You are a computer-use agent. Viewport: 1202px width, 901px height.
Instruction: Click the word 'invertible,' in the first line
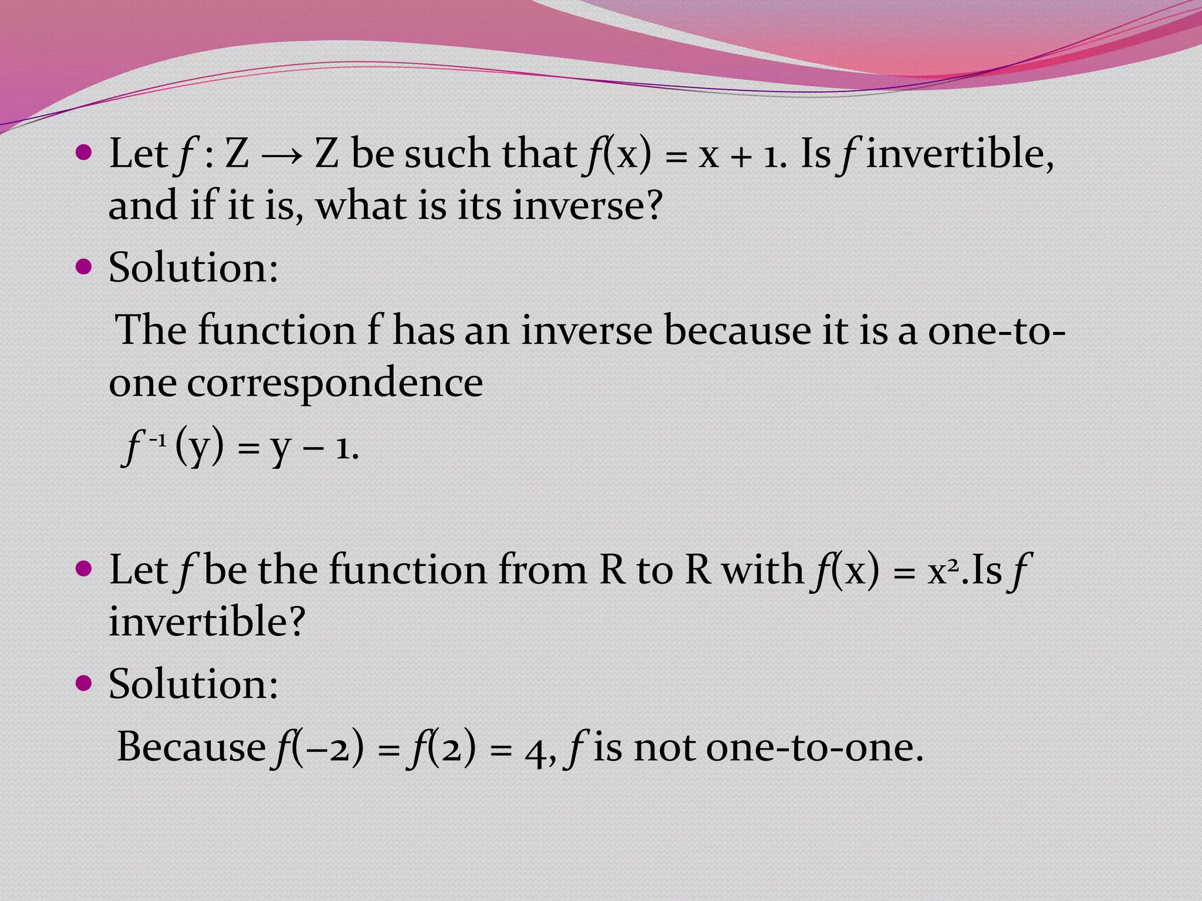pos(960,154)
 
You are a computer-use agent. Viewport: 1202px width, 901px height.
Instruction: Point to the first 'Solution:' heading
pos(193,267)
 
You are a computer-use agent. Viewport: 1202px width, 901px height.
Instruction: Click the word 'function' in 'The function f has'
pos(276,330)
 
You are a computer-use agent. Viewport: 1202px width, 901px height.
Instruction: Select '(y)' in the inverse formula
pos(200,447)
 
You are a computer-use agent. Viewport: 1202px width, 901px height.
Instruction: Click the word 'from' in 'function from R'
pos(542,570)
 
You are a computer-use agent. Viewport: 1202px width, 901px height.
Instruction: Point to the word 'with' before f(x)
pos(762,570)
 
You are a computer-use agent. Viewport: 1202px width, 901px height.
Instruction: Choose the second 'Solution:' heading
pos(193,684)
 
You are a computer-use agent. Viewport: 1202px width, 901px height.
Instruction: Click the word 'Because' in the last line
pos(191,747)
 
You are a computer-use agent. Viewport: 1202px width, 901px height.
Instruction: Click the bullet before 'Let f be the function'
pos(85,568)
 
